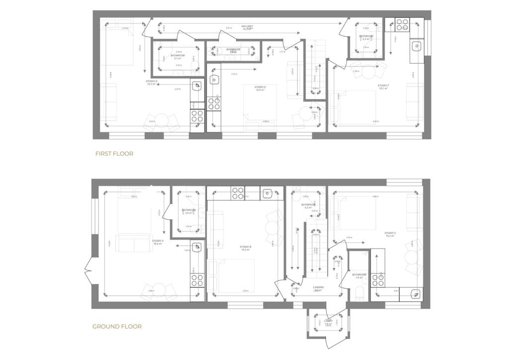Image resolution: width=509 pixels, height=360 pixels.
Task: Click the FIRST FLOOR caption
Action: (x=114, y=154)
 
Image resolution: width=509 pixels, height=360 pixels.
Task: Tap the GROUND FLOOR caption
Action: (x=117, y=327)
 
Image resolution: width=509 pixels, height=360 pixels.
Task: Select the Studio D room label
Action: (x=152, y=83)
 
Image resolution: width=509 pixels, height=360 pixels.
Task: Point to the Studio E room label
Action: (x=258, y=89)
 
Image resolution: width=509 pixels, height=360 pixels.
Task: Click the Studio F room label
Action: (x=383, y=87)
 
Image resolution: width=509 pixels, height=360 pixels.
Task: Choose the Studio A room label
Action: (x=158, y=242)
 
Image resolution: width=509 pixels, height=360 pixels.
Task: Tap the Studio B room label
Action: (x=245, y=248)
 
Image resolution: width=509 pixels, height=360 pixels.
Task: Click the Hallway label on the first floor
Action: (x=247, y=27)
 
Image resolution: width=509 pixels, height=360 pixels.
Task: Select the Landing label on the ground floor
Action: (x=319, y=288)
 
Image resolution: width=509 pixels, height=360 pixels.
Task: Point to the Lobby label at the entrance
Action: (x=328, y=322)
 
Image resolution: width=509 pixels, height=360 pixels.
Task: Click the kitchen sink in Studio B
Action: (x=268, y=192)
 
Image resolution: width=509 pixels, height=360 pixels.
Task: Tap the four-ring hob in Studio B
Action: (x=237, y=192)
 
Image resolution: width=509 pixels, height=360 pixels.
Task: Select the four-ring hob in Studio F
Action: (x=402, y=24)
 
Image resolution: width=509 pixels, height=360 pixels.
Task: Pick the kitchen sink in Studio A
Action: (x=197, y=247)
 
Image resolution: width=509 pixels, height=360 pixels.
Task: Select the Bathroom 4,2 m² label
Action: (x=308, y=206)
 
